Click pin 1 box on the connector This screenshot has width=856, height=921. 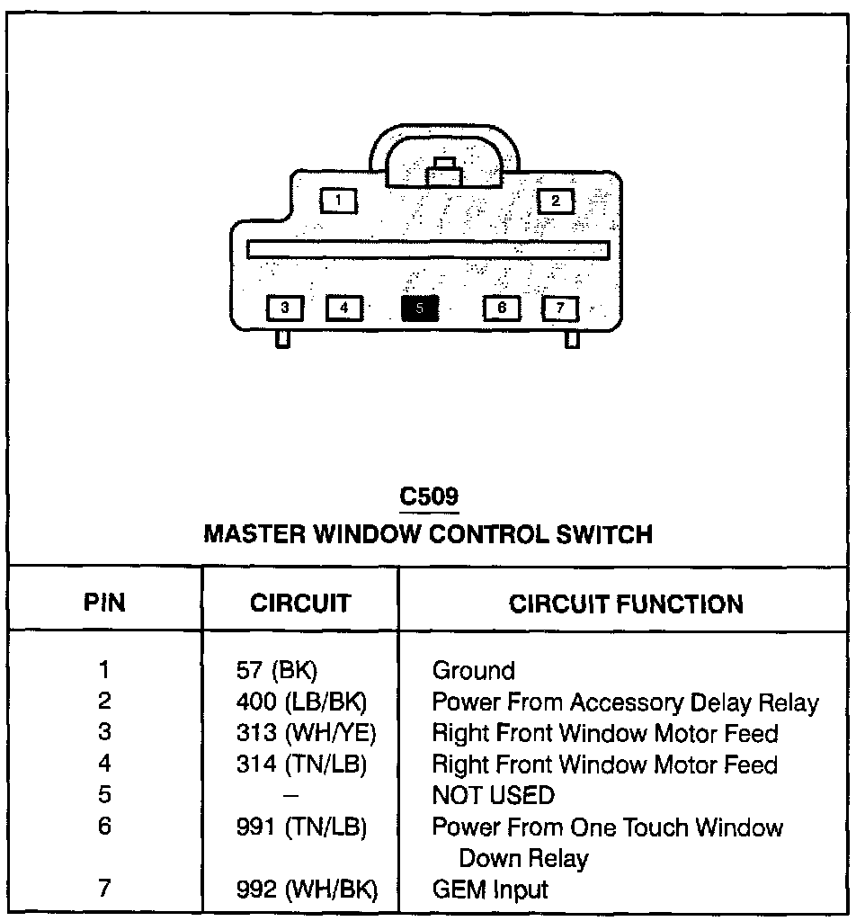338,200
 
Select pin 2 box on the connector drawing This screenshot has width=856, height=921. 556,201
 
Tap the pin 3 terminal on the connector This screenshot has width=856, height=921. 285,308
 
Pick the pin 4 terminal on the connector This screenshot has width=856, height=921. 343,308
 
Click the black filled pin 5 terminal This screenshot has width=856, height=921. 420,308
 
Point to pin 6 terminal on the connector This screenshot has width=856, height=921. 502,308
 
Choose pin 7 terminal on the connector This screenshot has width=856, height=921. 560,308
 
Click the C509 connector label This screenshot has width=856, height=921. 428,496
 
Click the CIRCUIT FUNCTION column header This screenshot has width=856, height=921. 626,604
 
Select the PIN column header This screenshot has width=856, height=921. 104,603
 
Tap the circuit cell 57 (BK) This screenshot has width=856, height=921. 275,671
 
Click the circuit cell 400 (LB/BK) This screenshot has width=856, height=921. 300,702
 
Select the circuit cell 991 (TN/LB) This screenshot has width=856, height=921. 300,827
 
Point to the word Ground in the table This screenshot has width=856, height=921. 473,671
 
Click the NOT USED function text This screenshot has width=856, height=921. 493,796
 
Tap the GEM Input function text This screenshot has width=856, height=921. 489,890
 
